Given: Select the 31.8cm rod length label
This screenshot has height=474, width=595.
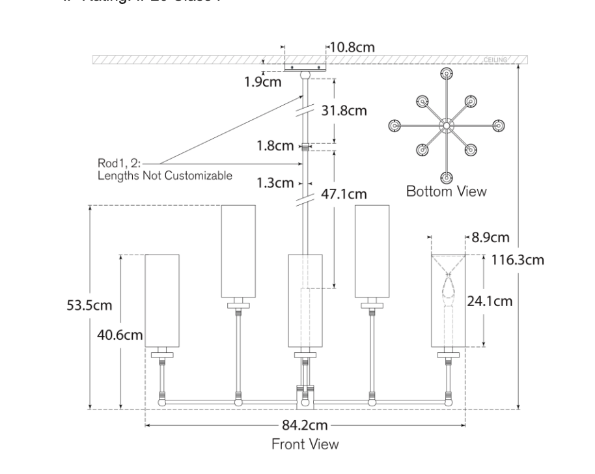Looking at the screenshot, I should [344, 111].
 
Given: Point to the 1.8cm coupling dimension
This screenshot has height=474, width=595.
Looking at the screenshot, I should [276, 146].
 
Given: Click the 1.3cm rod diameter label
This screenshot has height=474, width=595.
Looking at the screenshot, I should [275, 183].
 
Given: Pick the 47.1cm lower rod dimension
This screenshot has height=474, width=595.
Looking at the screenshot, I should [344, 194].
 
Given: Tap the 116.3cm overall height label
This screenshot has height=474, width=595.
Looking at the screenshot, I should [518, 260].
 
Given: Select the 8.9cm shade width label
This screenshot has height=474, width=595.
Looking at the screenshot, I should [490, 238].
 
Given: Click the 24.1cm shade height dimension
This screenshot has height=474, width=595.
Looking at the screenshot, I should [490, 301].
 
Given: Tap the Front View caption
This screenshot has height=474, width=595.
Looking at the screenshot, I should [305, 444].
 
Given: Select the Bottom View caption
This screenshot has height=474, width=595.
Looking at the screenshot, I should [446, 191].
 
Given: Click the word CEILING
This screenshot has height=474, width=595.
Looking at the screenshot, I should [495, 60].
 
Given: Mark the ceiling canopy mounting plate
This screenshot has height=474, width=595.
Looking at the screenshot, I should [305, 66].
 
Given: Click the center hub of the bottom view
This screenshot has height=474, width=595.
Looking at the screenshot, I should [447, 126].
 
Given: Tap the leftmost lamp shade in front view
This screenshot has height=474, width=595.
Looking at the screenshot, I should [161, 299].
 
